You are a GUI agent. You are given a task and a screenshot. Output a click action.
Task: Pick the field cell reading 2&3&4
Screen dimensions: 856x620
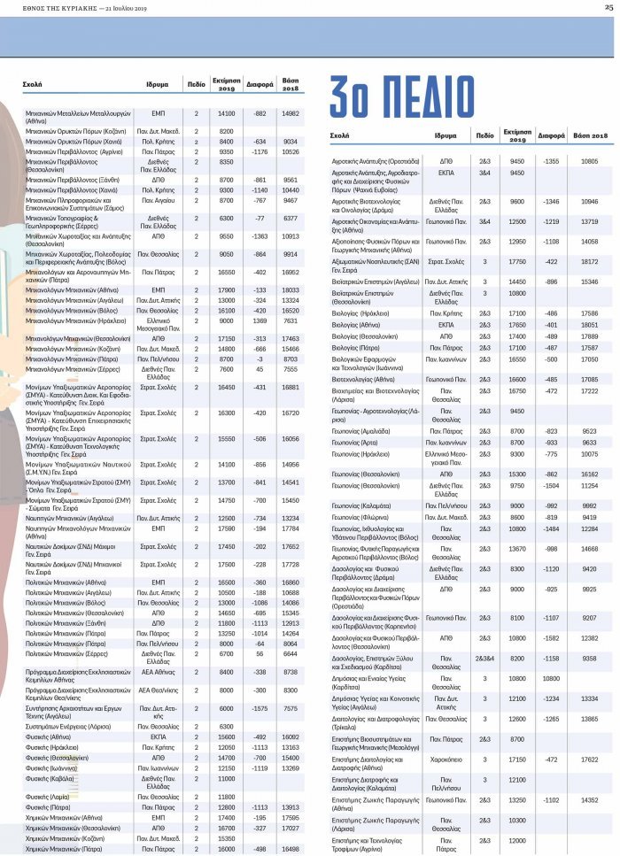(484, 659)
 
